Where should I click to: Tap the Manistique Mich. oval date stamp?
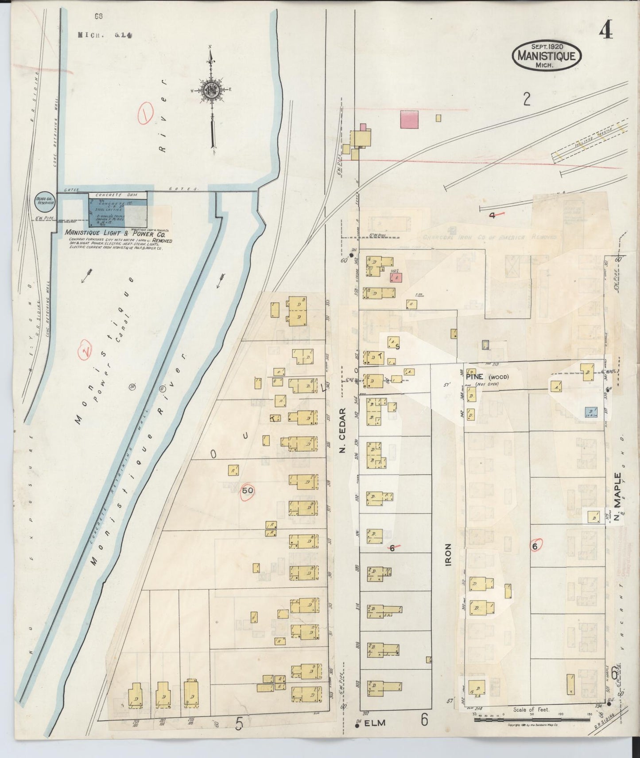point(546,55)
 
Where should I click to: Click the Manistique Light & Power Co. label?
point(115,232)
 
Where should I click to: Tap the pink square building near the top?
point(409,120)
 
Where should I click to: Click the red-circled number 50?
point(248,491)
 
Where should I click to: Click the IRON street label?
point(448,554)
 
